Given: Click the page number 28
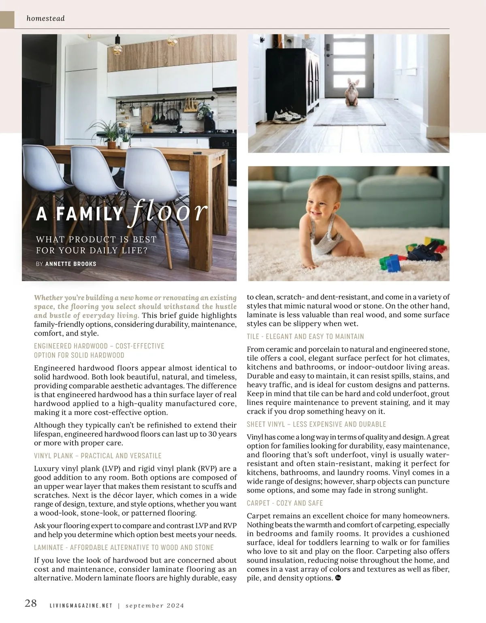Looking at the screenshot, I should (x=31, y=604).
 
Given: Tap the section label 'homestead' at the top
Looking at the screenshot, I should (x=45, y=18).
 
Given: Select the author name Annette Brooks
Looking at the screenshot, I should (x=71, y=264).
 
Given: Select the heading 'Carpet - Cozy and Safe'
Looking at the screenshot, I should (x=285, y=503).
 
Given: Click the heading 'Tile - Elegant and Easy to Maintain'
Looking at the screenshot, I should (x=305, y=337).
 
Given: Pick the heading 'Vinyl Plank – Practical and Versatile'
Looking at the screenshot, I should (x=98, y=456).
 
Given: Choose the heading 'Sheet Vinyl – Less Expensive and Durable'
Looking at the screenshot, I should (x=316, y=424).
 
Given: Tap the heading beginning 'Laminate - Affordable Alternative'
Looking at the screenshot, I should (x=124, y=548).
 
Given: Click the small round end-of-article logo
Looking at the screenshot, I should (x=338, y=578).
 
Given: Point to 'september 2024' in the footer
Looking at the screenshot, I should (x=155, y=606).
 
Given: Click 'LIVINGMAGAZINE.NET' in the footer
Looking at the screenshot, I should (x=81, y=606).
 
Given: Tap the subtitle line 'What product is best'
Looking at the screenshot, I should (x=96, y=239).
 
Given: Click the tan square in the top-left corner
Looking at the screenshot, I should (x=7, y=19).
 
